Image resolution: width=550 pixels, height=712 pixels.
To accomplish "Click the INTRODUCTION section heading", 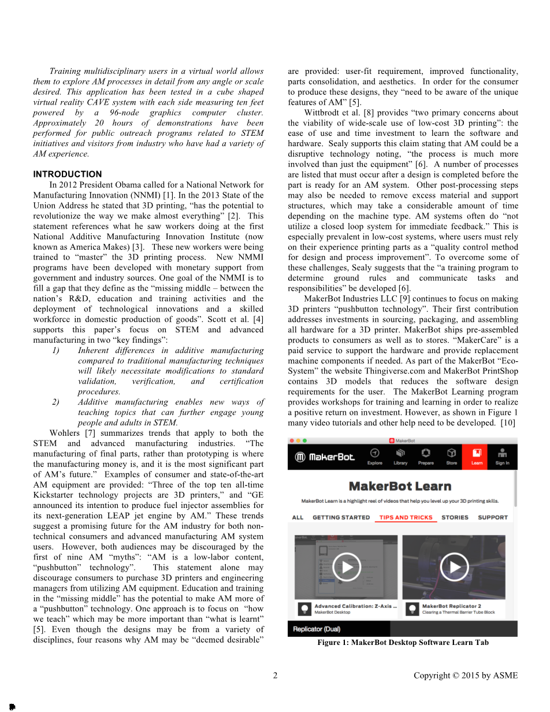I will point(67,174).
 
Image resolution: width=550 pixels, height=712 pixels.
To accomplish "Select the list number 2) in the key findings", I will point(56,402).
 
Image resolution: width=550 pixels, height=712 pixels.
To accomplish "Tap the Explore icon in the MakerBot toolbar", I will point(374,456).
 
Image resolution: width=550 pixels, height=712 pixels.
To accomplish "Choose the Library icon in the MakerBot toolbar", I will point(400,456).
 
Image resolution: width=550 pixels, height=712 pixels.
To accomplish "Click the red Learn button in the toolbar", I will point(477,456).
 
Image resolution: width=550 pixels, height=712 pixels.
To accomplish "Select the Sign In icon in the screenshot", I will point(502,456).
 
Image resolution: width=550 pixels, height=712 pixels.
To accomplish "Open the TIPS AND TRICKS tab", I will point(406,517).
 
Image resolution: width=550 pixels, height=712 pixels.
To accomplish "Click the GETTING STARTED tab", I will point(341,517).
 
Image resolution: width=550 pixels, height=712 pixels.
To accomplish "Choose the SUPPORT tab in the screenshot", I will point(493,517).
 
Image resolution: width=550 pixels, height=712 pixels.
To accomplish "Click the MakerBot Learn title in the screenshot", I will point(400,487).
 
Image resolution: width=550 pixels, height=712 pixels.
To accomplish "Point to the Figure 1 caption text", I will point(403,642).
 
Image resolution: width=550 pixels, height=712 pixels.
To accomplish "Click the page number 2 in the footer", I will point(275,675).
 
